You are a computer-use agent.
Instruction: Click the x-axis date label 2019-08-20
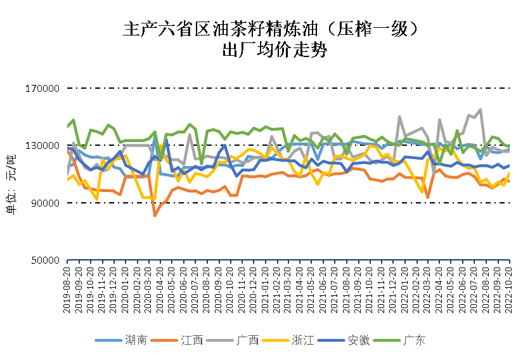tap(68, 288)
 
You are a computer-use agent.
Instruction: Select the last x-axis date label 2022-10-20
tap(509, 288)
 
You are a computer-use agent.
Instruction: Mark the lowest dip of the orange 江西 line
tap(155, 215)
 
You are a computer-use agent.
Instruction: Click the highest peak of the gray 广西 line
tap(481, 110)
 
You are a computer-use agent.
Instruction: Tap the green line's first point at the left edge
tap(68, 127)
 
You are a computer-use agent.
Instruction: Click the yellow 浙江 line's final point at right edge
tap(509, 173)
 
